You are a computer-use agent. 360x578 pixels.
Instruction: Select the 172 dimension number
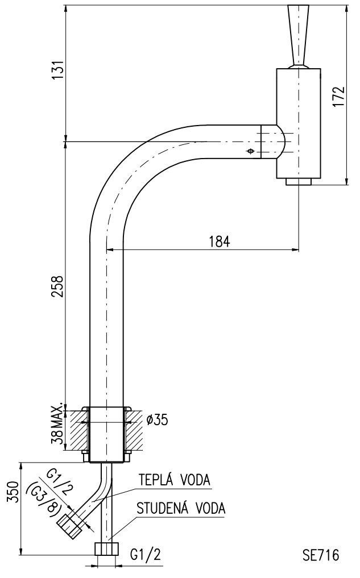[x=338, y=97]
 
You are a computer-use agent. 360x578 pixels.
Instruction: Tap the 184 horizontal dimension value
[x=220, y=242]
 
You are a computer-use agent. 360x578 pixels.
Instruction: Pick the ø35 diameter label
[x=157, y=419]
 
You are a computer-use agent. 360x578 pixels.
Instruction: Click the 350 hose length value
[x=13, y=492]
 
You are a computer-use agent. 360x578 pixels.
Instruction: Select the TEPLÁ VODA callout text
[x=175, y=480]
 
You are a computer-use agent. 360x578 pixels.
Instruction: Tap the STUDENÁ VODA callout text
[x=181, y=508]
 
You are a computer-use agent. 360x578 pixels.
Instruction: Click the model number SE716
[x=320, y=555]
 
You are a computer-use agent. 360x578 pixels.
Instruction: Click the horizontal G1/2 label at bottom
[x=146, y=554]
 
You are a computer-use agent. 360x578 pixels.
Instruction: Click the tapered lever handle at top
[x=299, y=36]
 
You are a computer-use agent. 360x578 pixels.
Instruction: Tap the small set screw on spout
[x=251, y=151]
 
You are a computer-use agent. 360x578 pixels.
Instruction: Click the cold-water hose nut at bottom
[x=107, y=549]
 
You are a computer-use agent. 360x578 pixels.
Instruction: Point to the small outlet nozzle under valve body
[x=299, y=181]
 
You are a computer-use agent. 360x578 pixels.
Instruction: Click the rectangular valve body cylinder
[x=299, y=123]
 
